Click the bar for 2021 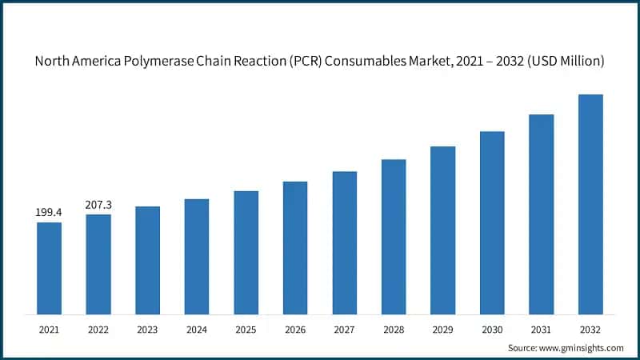(x=49, y=268)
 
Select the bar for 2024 (x=197, y=256)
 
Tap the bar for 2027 (x=345, y=242)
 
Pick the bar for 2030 (x=492, y=222)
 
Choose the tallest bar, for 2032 (x=590, y=204)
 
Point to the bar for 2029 (x=442, y=230)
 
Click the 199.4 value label (x=49, y=213)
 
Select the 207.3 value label (x=98, y=205)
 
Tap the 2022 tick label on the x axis (x=98, y=328)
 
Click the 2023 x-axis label (x=147, y=328)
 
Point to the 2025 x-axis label (x=246, y=328)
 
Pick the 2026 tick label (x=295, y=328)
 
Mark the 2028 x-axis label (x=394, y=328)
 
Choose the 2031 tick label (x=542, y=328)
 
